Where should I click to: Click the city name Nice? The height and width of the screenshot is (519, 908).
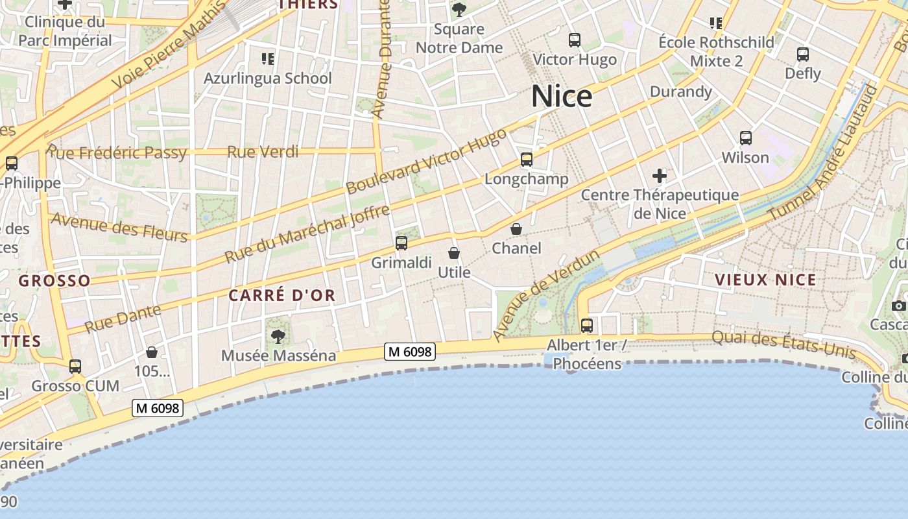(x=562, y=97)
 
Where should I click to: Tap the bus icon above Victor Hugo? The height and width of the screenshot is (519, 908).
(x=574, y=40)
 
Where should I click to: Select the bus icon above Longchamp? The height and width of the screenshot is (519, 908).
(x=526, y=159)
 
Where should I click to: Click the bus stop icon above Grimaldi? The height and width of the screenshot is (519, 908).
(x=401, y=243)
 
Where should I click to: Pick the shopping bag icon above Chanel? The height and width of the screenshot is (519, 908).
(x=516, y=229)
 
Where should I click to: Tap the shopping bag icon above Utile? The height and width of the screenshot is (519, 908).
(x=454, y=253)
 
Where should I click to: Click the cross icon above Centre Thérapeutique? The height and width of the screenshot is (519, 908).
(x=660, y=175)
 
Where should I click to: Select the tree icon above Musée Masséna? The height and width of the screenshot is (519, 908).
(x=278, y=336)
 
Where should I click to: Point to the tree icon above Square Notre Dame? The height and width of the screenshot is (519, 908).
(x=459, y=10)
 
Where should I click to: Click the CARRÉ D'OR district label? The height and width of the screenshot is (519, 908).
(x=282, y=296)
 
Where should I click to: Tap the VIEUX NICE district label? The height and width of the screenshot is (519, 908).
(x=765, y=280)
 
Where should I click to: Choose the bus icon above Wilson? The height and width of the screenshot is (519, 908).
(x=746, y=138)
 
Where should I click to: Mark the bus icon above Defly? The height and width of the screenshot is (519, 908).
(x=803, y=54)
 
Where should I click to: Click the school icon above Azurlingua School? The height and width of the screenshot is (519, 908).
(x=268, y=60)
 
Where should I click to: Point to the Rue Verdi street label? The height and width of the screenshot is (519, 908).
(x=263, y=152)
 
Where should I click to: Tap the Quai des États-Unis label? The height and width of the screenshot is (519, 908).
(x=783, y=344)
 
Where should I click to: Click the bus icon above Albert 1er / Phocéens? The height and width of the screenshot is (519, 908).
(x=587, y=326)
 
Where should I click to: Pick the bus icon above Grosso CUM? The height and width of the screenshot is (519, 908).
(x=75, y=367)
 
